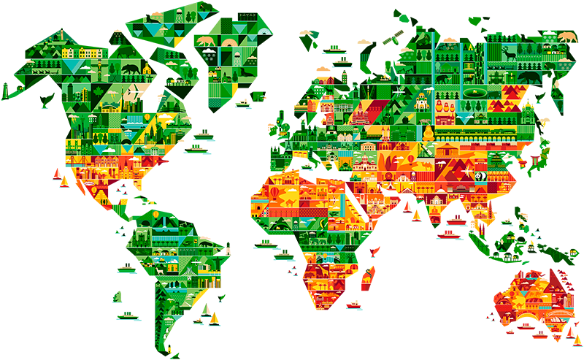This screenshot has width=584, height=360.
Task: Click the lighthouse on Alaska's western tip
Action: click(7, 91)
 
